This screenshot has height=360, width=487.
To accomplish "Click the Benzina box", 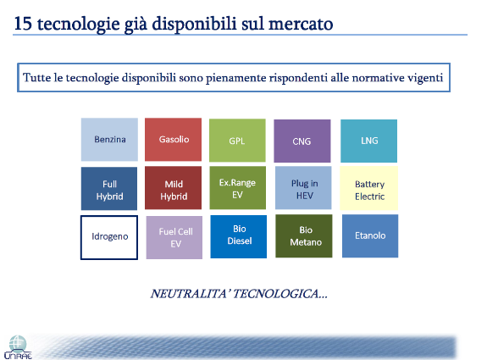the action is [109, 140].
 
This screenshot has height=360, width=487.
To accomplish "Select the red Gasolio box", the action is [173, 140].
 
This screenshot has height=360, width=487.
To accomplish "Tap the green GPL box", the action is [237, 141].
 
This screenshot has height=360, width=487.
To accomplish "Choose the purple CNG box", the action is [302, 141].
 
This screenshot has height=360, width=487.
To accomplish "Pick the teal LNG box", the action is [368, 141].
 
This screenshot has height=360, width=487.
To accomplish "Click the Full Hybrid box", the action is [109, 189].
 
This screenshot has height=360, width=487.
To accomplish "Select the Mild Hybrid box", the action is [173, 187].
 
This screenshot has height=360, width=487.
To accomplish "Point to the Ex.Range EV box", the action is [238, 187].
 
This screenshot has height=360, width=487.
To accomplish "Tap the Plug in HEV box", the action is [303, 187].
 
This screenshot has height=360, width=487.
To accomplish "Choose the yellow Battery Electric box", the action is [369, 188].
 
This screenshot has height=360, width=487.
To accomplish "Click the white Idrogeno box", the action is [109, 238].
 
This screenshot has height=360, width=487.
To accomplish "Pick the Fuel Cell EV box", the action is [174, 238].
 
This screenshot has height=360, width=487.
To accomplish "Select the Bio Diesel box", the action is [239, 236].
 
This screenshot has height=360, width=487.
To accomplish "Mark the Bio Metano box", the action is [304, 236].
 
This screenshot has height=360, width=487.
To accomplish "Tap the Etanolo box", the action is [370, 236].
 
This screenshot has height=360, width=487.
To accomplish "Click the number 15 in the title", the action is [23, 24].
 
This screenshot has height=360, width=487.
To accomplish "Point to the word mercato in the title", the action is [301, 24].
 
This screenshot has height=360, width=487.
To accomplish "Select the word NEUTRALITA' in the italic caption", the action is [189, 294].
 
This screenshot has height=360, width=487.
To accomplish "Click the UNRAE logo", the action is [18, 347].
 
